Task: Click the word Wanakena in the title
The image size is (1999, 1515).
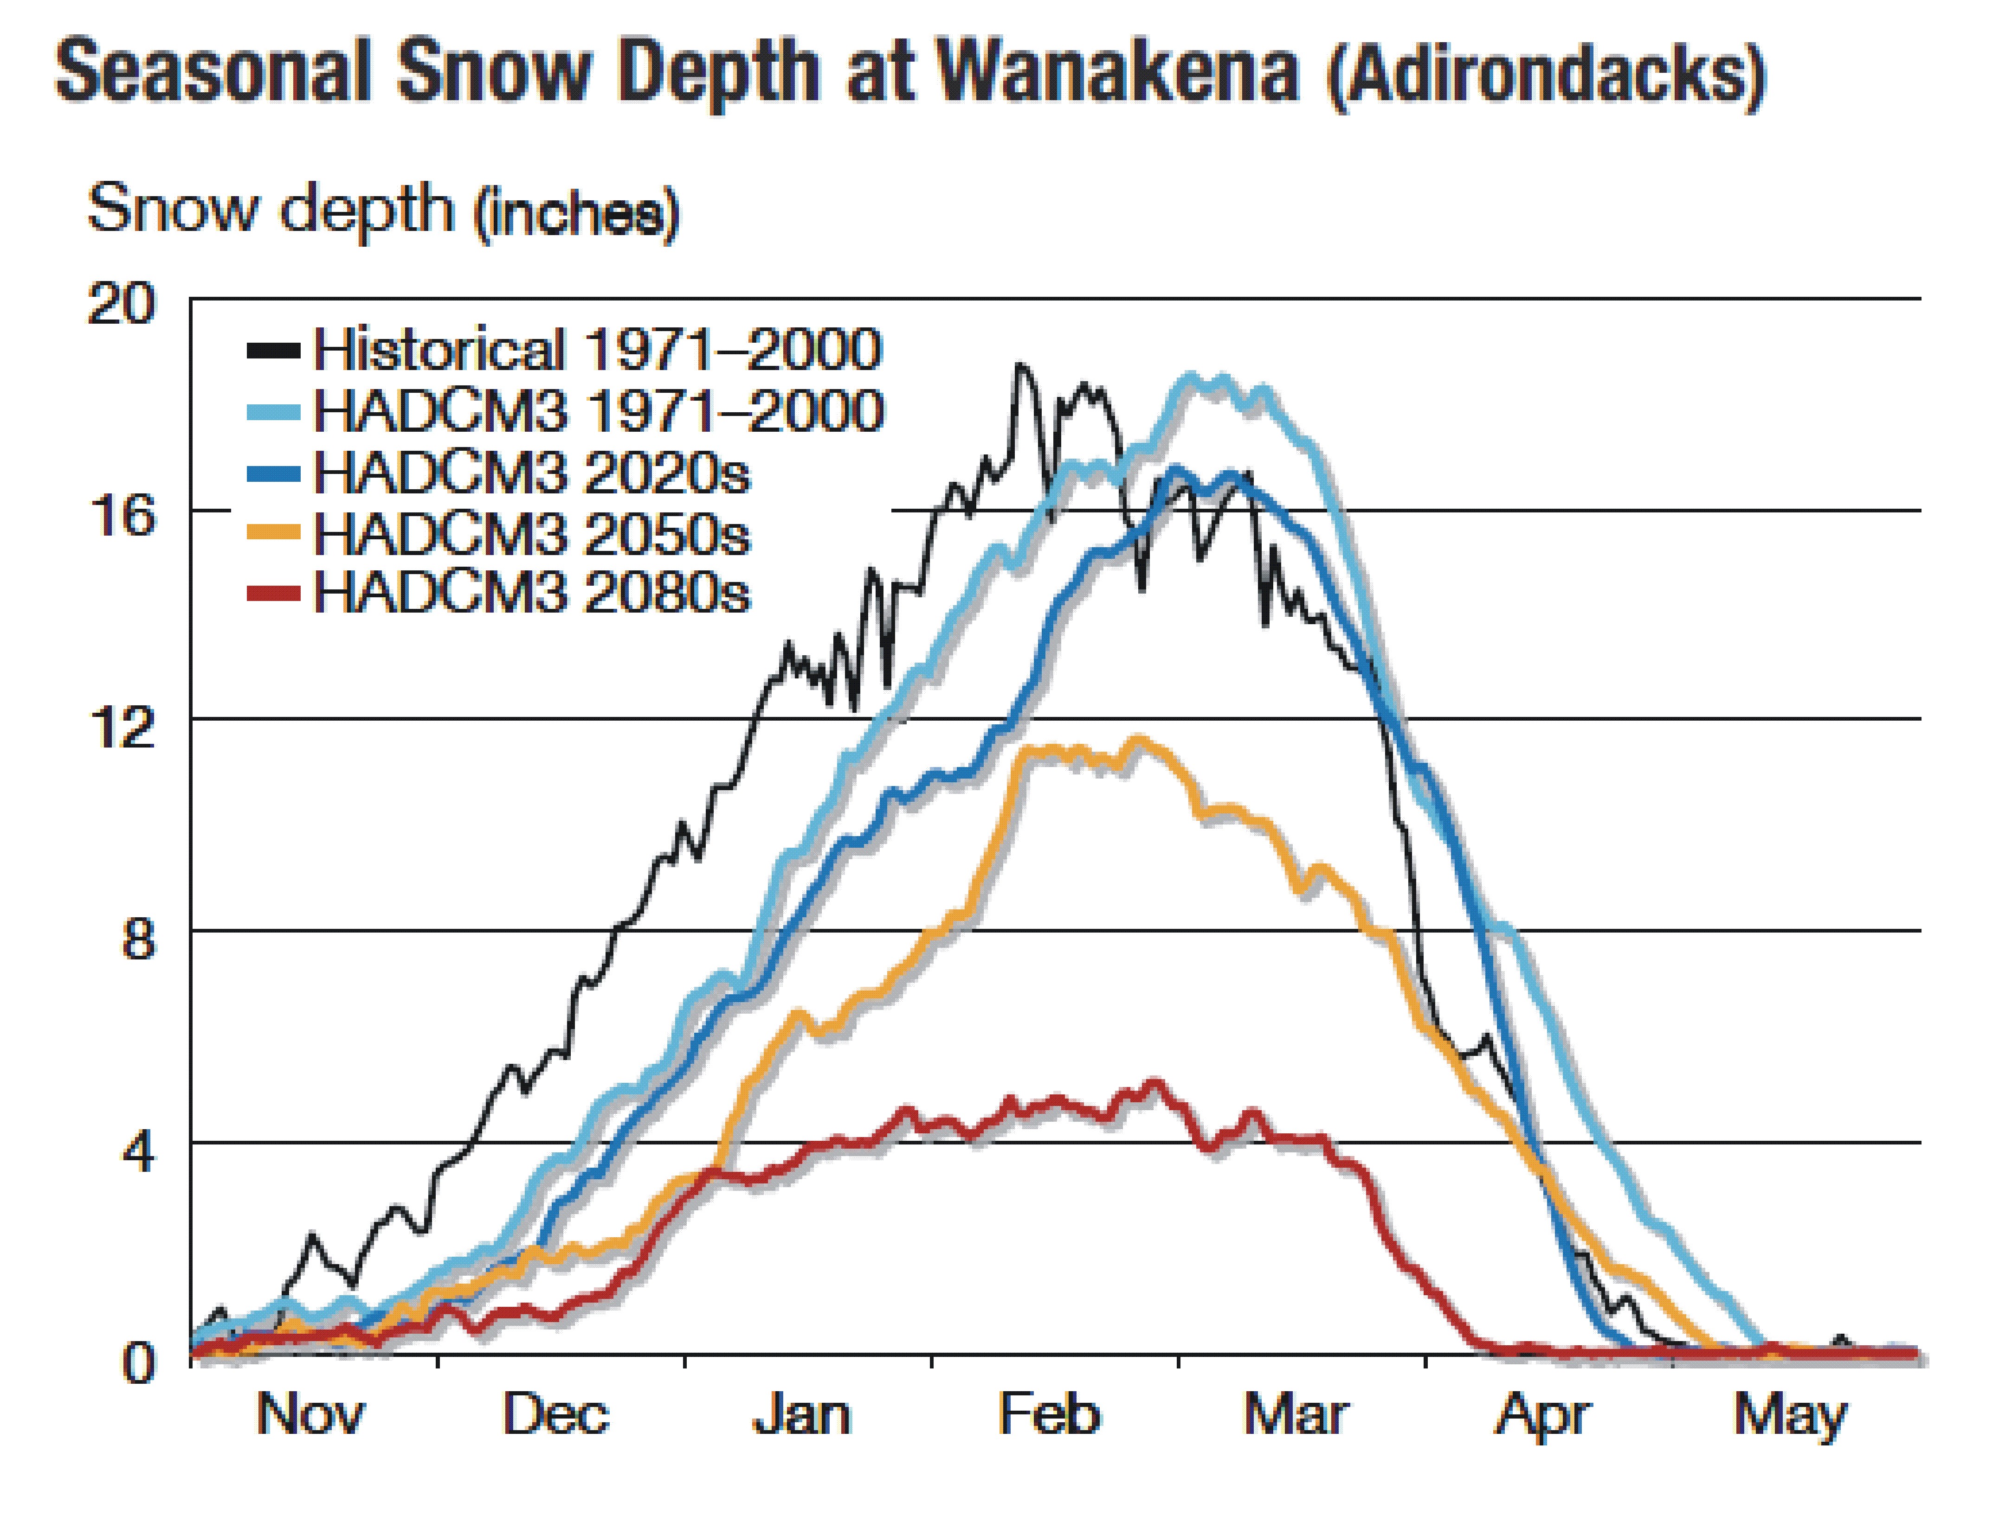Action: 1116,70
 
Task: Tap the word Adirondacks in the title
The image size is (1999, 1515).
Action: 1545,72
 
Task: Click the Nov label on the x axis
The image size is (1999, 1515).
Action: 310,1414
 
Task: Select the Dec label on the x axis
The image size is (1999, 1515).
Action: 556,1414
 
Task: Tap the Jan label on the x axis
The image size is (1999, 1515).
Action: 802,1414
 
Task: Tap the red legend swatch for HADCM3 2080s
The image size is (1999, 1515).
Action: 273,594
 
